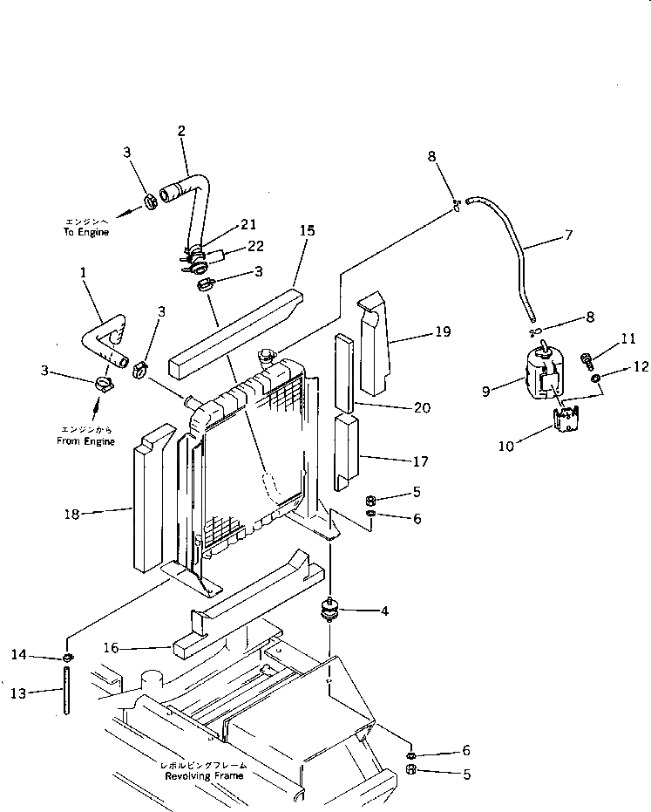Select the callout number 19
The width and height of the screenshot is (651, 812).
(x=443, y=331)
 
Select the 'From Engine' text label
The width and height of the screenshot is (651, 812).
(x=87, y=441)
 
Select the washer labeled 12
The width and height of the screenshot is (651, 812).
(x=595, y=379)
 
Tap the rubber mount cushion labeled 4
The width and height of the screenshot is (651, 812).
(x=330, y=610)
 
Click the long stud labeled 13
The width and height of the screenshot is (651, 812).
(x=65, y=689)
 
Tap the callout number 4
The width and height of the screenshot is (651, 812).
(x=383, y=611)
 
